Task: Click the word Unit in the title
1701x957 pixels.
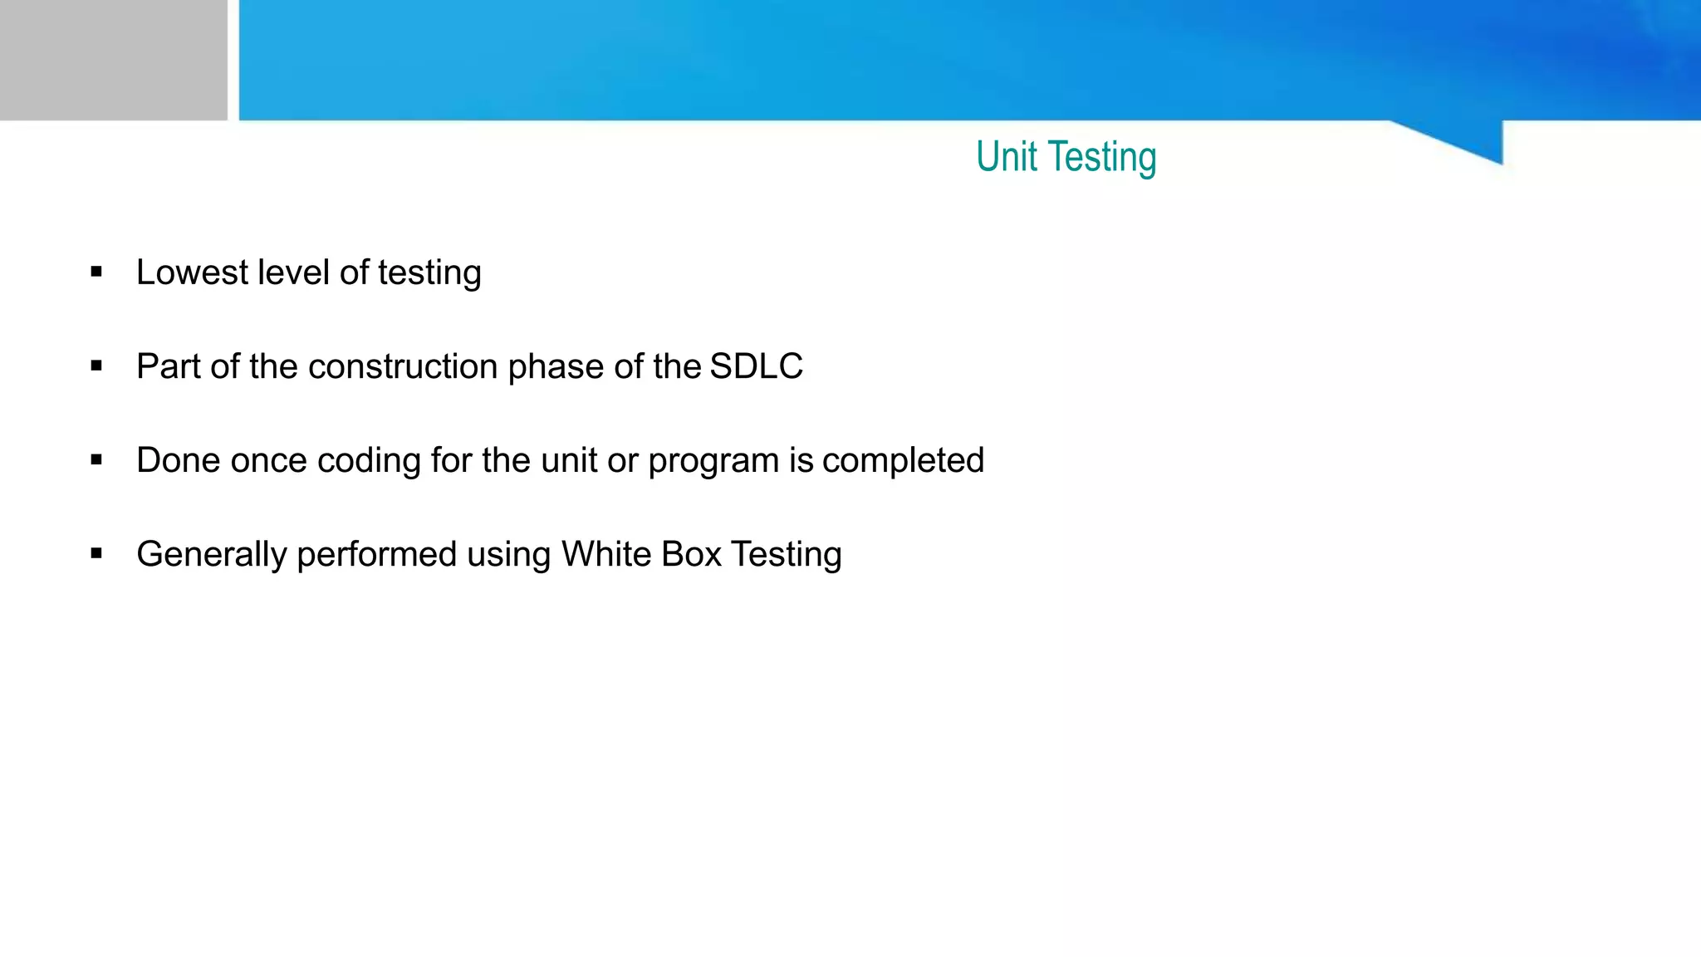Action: (1006, 156)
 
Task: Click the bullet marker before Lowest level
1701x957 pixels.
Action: (96, 272)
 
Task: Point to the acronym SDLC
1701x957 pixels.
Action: (757, 366)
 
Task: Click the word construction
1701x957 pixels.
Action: (403, 366)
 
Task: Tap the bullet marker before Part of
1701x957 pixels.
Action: (96, 366)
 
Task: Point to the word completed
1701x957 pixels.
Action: (903, 461)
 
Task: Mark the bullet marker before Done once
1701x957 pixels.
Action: (96, 459)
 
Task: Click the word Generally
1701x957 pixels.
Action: (212, 555)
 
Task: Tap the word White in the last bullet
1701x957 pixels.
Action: (606, 554)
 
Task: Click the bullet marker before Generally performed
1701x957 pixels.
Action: (96, 553)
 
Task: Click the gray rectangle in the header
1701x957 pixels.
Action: (113, 60)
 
